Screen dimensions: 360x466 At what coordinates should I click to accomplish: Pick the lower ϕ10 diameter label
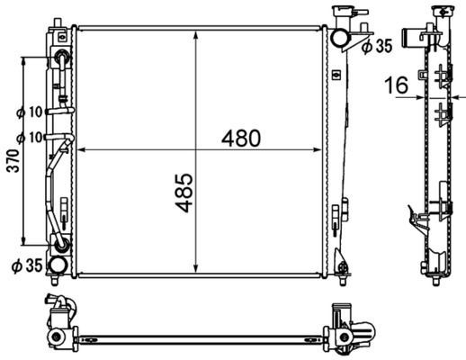(x=30, y=138)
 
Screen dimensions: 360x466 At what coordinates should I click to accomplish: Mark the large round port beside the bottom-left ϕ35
(x=58, y=265)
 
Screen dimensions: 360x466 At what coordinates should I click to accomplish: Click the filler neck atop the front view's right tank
(x=344, y=15)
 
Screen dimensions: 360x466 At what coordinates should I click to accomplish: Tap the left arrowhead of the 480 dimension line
(x=81, y=149)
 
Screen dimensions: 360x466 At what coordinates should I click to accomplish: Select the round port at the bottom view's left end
(x=58, y=337)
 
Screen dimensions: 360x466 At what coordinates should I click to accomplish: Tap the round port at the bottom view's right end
(x=344, y=337)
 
